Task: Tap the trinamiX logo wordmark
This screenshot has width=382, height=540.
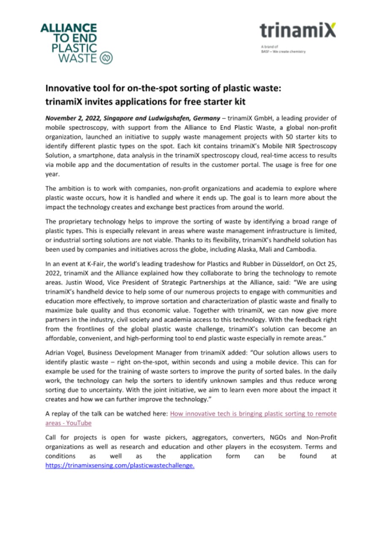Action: tap(298, 31)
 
